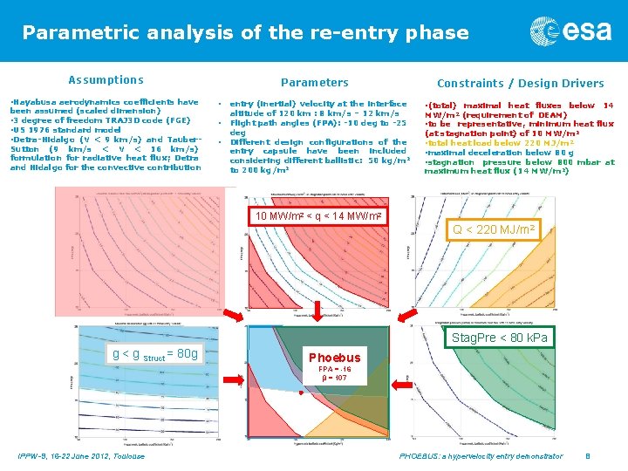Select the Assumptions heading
point(106,79)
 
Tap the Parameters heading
point(314,82)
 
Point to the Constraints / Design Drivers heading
point(520,83)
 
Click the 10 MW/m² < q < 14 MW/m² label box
point(317,215)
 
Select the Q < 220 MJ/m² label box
point(494,230)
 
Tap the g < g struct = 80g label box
point(155,353)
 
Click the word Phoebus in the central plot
point(334,358)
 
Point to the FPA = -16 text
point(334,369)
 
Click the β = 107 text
point(334,379)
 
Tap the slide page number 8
point(588,456)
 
